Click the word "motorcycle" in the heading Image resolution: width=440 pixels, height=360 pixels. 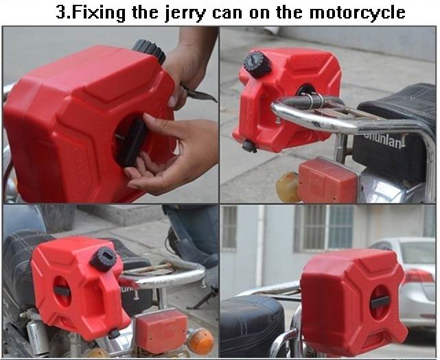tap(357, 12)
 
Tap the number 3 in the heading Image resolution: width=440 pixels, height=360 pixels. tap(61, 12)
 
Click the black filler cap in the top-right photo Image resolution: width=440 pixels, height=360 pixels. tap(257, 64)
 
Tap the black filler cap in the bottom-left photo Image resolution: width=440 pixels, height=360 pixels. tap(104, 259)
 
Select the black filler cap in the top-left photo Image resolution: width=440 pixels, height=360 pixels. tap(149, 51)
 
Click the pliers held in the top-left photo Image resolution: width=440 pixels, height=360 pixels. tap(199, 94)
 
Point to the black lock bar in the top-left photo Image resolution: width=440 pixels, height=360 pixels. tap(132, 141)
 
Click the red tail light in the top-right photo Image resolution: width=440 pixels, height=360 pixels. tap(327, 180)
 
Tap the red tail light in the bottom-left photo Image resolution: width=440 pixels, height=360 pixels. tap(161, 328)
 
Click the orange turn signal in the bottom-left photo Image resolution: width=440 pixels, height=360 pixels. tap(200, 341)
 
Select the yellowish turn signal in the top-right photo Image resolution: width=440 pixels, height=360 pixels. tap(288, 187)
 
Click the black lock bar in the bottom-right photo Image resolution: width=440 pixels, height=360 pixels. tap(380, 302)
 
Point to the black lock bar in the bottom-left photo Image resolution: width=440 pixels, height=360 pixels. tap(62, 291)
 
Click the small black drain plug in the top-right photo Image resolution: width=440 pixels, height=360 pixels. tap(249, 146)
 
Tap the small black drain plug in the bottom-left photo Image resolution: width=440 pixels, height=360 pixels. tap(114, 334)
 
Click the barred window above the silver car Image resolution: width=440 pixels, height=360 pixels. tap(324, 228)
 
